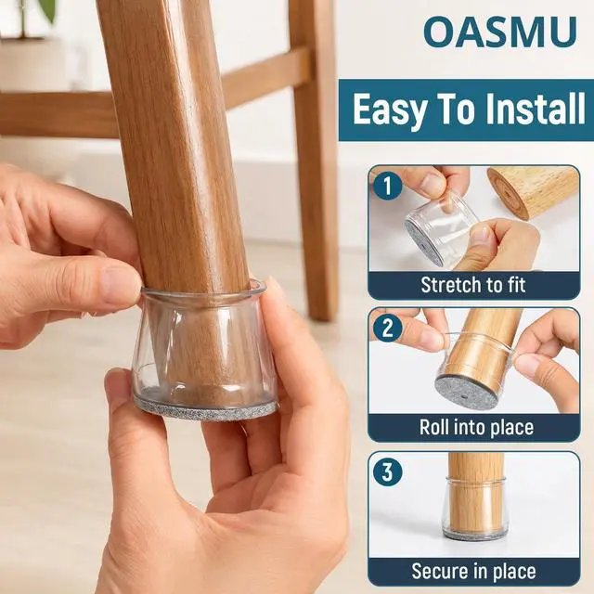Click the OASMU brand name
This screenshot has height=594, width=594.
[500, 32]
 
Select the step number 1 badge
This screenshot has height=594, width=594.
[387, 186]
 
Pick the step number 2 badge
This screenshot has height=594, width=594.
[387, 328]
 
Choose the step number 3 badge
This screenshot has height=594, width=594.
[387, 472]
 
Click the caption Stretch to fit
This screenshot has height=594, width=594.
[473, 285]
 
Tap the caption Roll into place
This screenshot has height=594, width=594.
[476, 427]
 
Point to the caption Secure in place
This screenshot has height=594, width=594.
[473, 571]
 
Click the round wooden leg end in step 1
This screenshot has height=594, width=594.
[509, 193]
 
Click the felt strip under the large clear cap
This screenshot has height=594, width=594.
[206, 409]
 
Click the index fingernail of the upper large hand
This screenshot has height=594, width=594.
[120, 288]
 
